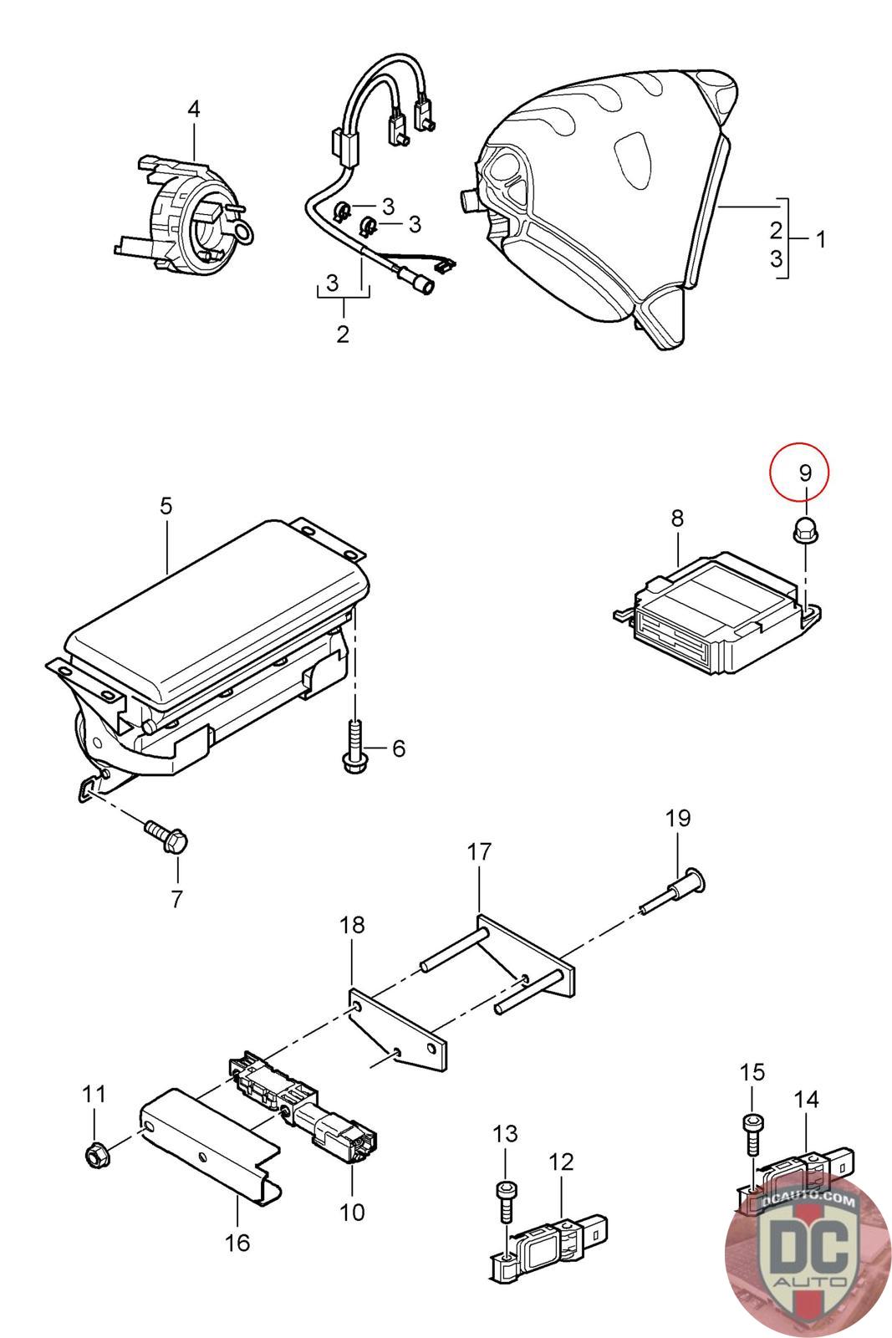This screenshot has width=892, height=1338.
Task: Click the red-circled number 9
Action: (x=804, y=473)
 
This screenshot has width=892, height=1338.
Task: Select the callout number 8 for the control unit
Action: (x=676, y=518)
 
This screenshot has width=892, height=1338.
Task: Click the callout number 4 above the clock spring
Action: (x=194, y=109)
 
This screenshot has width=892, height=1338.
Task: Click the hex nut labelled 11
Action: (x=94, y=1155)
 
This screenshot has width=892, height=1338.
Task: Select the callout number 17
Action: (x=479, y=852)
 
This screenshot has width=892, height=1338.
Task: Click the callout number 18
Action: (x=352, y=925)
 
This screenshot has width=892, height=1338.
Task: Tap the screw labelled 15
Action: (x=752, y=1131)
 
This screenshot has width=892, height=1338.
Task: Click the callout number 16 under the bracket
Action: (x=237, y=1243)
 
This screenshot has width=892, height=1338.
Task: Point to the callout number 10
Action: (x=353, y=1211)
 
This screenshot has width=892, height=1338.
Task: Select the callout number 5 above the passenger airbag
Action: (x=166, y=506)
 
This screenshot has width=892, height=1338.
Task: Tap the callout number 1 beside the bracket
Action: (x=821, y=240)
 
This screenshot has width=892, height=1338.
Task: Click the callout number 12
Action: (x=562, y=1162)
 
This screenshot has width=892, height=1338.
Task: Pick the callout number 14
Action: (x=806, y=1099)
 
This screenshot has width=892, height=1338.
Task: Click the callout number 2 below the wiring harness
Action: (x=343, y=334)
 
